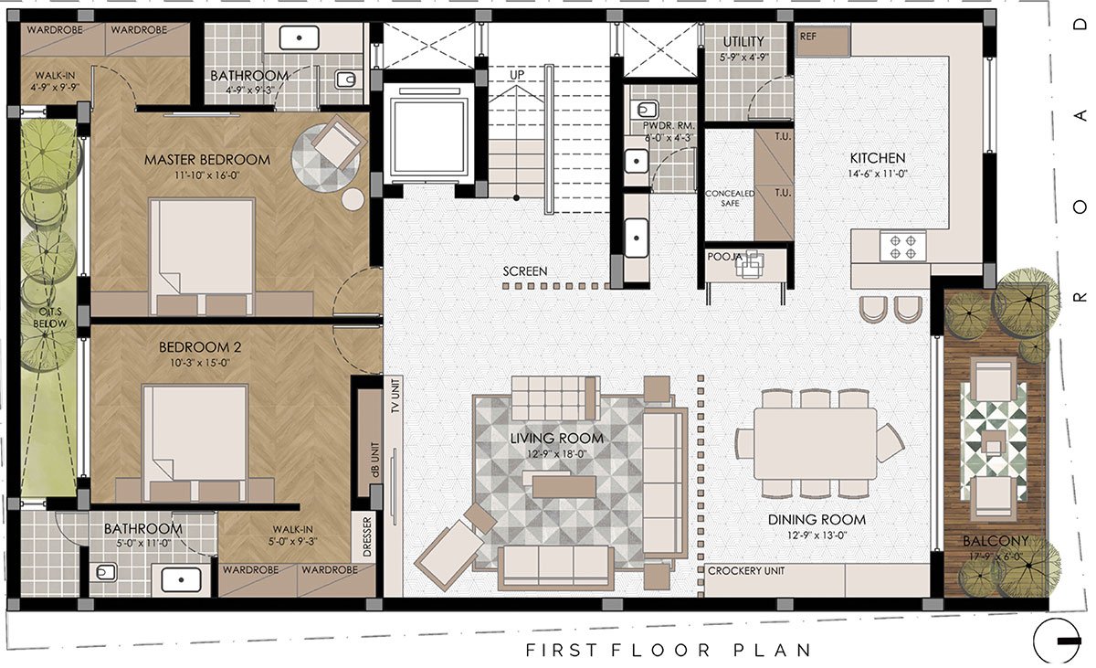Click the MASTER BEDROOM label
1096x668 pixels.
(x=207, y=160)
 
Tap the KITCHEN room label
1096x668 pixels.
(x=878, y=158)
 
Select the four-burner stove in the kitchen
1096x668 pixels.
(x=902, y=247)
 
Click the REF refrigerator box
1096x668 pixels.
(x=823, y=40)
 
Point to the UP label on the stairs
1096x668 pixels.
(x=517, y=75)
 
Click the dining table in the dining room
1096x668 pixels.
(x=815, y=443)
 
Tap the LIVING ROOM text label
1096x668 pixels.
(x=557, y=438)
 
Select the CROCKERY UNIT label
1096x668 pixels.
(x=745, y=570)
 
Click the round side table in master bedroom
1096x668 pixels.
(x=353, y=199)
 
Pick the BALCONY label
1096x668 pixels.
(x=996, y=541)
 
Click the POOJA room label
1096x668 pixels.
(x=724, y=257)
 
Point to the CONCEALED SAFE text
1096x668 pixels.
(x=730, y=198)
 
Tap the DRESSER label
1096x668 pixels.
(x=367, y=536)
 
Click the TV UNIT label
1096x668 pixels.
(x=395, y=396)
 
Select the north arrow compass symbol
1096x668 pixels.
(x=1057, y=641)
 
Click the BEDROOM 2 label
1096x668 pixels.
(x=200, y=347)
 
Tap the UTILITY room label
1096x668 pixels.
(x=743, y=42)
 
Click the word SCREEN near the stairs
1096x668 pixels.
(x=525, y=271)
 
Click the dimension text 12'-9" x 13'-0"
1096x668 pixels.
(x=817, y=535)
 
